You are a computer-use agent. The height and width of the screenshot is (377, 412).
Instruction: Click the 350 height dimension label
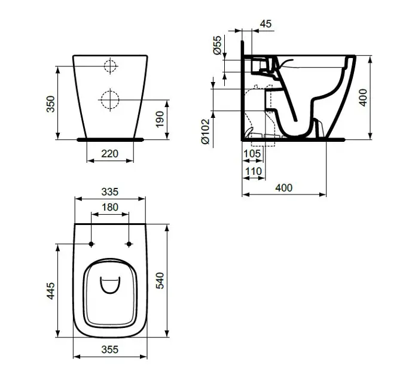tap(51, 104)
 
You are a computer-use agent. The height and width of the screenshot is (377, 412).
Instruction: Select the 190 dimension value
tap(158, 119)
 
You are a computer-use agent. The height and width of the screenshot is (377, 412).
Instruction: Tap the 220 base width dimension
tap(109, 154)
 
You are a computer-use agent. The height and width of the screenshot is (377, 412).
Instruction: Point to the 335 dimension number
tap(110, 192)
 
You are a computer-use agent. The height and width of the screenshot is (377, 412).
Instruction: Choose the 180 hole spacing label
tap(110, 208)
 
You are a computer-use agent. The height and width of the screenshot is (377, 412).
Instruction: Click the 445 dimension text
tap(51, 291)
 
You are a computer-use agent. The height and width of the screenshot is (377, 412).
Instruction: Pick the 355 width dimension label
tap(110, 349)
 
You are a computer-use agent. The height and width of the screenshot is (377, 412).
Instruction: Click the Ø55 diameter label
tap(218, 46)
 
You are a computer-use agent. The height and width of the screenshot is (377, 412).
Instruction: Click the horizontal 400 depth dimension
tap(284, 187)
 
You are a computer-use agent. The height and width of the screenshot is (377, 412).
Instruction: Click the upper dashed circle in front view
tap(109, 66)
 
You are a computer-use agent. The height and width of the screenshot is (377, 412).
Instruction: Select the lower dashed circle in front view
tap(109, 99)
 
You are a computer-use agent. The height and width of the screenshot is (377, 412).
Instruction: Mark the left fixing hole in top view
tap(91, 244)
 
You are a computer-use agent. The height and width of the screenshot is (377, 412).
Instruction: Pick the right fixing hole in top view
tap(129, 244)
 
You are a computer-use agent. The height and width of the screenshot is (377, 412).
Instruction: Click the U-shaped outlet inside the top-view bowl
tap(110, 286)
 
